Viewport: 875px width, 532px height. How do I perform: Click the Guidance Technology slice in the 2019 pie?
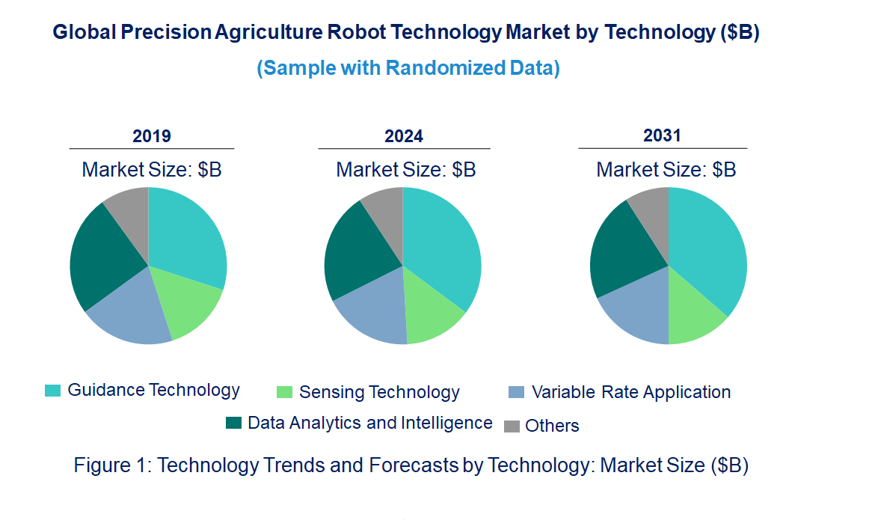[x=187, y=236]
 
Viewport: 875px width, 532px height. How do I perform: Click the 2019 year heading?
[x=152, y=136]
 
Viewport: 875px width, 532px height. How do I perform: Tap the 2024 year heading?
[x=404, y=136]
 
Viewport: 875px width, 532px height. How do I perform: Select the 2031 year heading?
[x=663, y=135]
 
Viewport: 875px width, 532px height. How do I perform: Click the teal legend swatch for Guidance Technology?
[x=53, y=391]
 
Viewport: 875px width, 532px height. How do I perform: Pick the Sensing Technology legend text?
[x=379, y=392]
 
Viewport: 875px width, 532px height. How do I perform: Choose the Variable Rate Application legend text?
[x=630, y=392]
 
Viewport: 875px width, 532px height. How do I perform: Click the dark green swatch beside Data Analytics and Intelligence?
[x=234, y=424]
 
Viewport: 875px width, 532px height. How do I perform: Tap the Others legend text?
[x=552, y=426]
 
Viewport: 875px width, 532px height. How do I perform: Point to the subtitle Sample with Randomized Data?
[x=408, y=68]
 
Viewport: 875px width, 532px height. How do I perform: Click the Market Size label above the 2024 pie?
[x=406, y=170]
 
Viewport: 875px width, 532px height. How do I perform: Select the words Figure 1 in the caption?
[x=113, y=465]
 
